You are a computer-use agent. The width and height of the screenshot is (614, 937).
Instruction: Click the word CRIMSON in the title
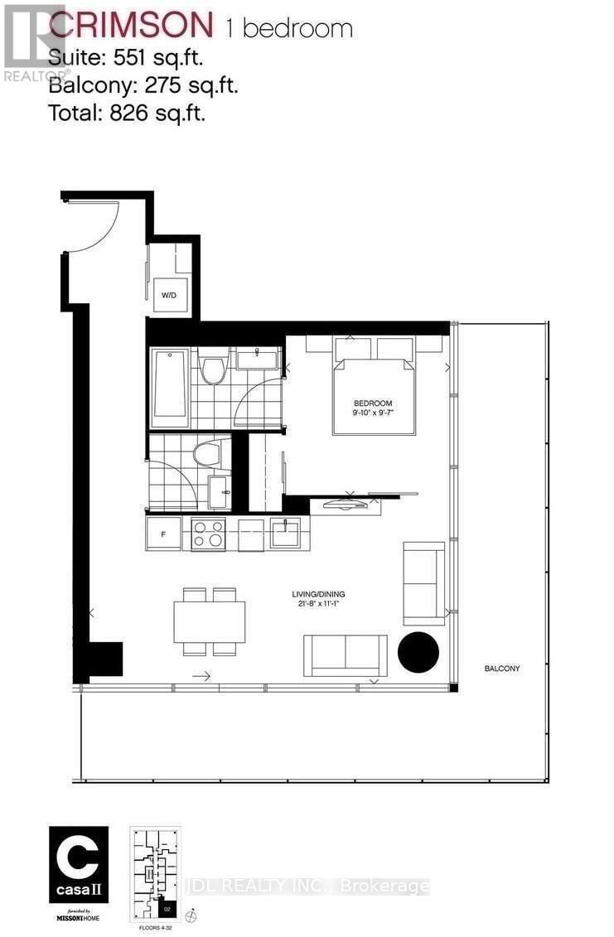coord(131,26)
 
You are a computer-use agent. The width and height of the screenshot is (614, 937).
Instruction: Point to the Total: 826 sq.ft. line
coord(127,113)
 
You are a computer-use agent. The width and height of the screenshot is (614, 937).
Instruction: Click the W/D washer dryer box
coord(168,294)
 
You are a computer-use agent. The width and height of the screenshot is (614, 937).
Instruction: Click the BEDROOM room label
coord(373,404)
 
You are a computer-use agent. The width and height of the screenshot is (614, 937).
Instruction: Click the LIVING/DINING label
coord(317,594)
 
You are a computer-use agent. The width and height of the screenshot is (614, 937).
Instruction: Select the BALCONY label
coord(502,668)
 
